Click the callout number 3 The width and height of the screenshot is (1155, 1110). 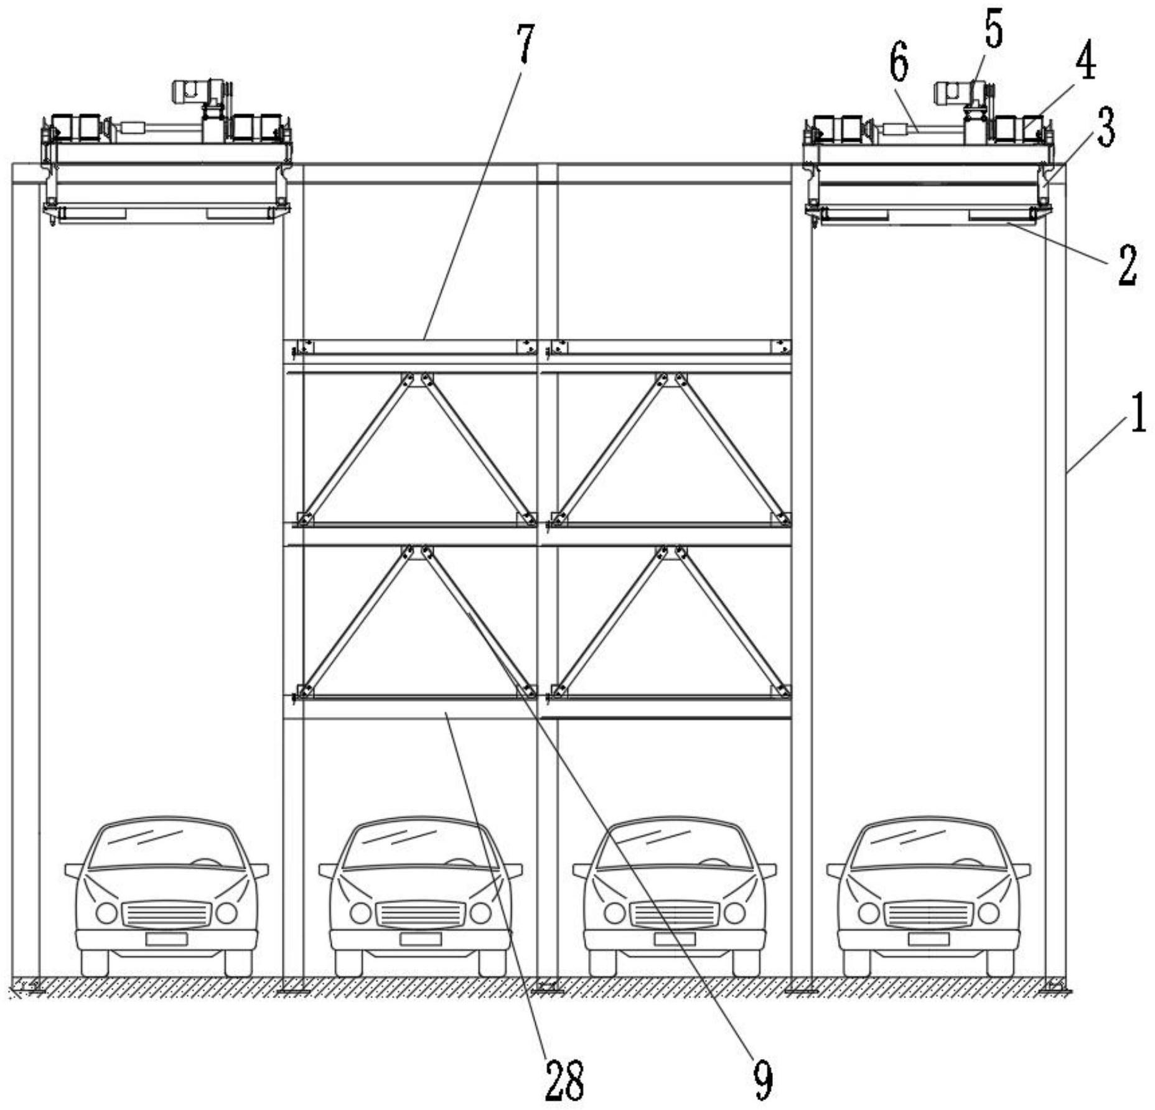pos(1105,127)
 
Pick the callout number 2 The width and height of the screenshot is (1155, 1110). pos(1126,266)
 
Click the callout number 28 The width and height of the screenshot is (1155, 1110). pos(564,1081)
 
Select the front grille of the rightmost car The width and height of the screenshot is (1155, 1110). pos(928,913)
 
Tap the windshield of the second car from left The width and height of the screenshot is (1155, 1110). pos(420,845)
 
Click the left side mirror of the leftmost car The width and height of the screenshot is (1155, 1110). pos(74,870)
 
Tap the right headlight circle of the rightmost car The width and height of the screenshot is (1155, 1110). pos(988,913)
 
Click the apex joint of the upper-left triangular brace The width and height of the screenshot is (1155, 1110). pos(417,380)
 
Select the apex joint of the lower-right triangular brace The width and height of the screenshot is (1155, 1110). pos(671,552)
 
